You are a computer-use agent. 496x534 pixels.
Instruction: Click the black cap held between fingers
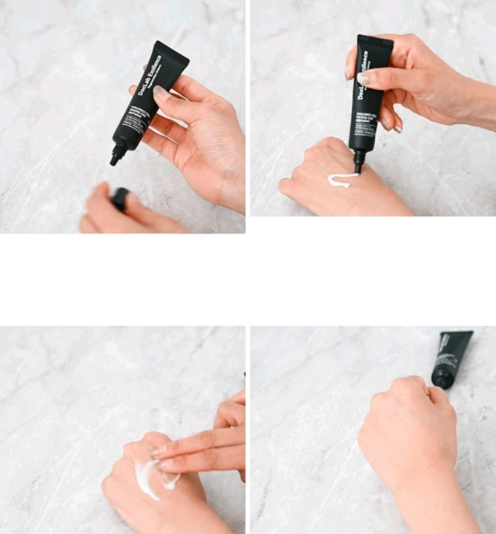(120, 199)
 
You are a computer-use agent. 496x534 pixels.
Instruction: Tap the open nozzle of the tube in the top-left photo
(116, 159)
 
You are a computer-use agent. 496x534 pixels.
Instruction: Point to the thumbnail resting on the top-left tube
(161, 92)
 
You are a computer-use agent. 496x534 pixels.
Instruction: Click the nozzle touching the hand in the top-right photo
(359, 162)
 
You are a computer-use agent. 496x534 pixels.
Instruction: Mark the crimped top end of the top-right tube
(376, 40)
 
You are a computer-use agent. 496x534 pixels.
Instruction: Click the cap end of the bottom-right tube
(440, 380)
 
